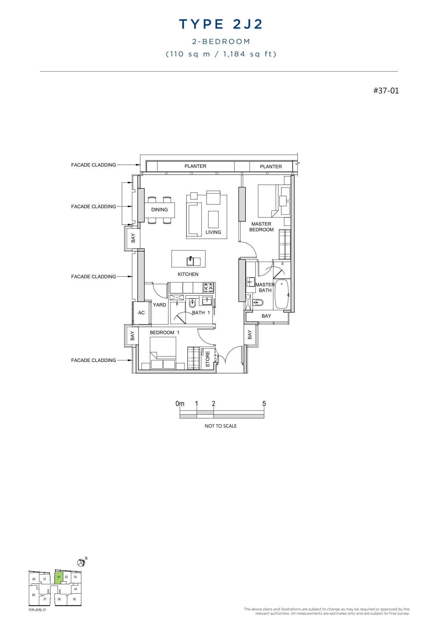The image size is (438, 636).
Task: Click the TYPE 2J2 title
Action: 221,24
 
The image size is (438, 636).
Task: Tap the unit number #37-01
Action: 386,91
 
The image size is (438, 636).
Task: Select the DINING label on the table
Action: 159,210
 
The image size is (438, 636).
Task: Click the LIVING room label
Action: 213,232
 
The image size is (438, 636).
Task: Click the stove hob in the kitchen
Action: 208,288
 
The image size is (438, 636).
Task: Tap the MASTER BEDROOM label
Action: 261,227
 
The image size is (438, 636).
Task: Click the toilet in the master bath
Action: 258,302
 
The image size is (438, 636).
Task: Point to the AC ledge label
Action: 141,313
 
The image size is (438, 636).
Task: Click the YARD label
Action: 159,305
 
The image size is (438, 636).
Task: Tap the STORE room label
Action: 208,359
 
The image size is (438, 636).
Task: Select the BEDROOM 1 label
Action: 164,332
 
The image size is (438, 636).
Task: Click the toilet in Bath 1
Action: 192,303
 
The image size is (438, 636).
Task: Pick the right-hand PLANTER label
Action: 271,167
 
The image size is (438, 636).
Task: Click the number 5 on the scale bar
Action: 264,404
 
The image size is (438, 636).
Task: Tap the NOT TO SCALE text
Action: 220,426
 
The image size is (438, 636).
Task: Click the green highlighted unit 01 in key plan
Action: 58,578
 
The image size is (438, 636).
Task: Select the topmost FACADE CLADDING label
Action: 94,165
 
